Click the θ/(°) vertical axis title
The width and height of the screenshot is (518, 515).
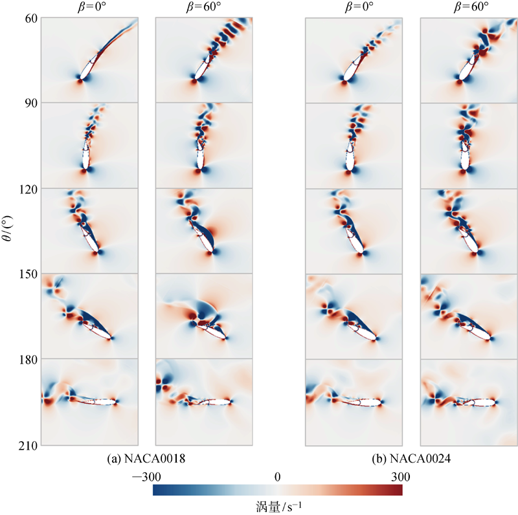[x=8, y=230]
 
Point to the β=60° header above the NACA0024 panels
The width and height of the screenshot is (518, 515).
[x=467, y=7]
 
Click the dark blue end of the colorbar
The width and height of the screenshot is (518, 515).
[x=157, y=491]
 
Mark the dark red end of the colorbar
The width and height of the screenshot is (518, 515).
[x=399, y=491]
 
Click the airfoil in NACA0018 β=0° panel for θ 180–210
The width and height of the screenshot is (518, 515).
[x=100, y=402]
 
